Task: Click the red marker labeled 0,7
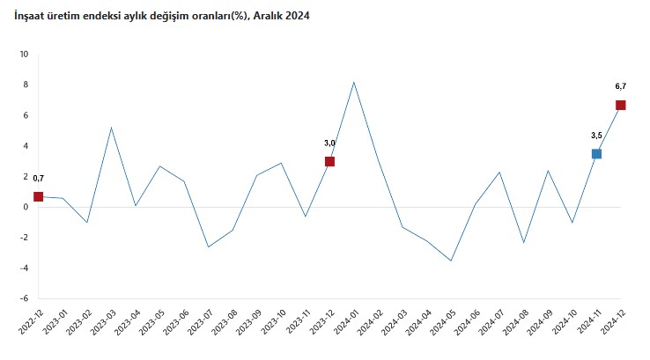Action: click(38, 196)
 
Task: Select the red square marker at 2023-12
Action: click(329, 161)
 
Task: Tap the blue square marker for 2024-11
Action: click(596, 154)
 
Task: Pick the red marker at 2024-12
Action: click(621, 105)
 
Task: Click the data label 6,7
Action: click(620, 86)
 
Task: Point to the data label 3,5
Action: click(596, 136)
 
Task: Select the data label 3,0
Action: click(329, 143)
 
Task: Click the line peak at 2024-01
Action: click(353, 82)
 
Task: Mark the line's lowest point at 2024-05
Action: click(451, 261)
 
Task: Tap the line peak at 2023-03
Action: click(111, 128)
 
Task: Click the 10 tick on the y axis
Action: click(24, 55)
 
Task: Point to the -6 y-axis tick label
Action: click(24, 298)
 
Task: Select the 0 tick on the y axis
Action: click(26, 207)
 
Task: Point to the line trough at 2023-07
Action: click(208, 246)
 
